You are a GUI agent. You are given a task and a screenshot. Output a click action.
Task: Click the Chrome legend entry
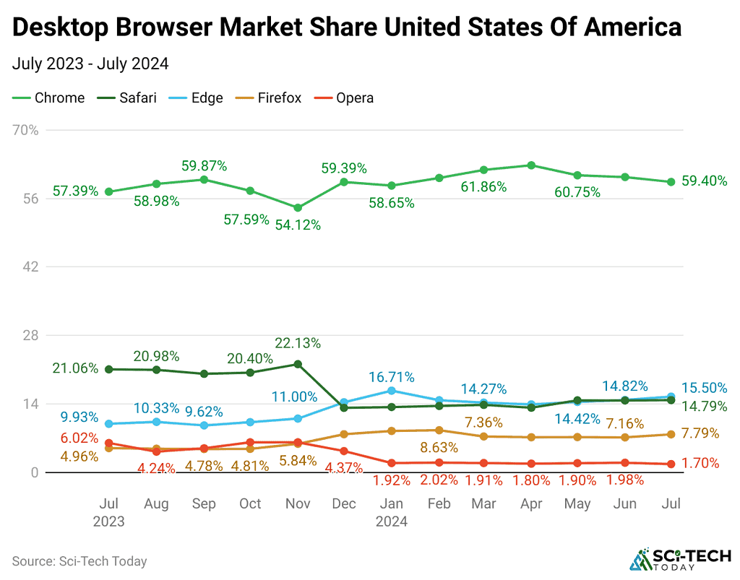coord(49,98)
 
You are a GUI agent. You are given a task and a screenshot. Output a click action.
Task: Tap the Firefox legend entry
coord(270,98)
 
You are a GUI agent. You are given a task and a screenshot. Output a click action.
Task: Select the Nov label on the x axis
coord(297,503)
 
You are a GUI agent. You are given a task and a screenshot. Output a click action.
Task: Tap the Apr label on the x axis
coord(530,503)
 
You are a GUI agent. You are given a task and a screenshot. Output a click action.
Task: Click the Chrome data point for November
coord(297,208)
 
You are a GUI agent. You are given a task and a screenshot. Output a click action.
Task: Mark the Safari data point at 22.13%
coord(297,364)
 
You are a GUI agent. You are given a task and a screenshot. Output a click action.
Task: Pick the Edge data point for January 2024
coord(391,391)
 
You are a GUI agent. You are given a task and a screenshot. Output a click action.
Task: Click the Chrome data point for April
coord(530,165)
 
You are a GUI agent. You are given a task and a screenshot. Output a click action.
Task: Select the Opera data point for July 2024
coord(671,464)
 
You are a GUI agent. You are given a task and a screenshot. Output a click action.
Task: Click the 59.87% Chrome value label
coord(204,165)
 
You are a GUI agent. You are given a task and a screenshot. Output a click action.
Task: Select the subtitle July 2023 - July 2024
coord(90,64)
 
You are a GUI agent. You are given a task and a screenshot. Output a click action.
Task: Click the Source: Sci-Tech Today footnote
coord(79,560)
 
